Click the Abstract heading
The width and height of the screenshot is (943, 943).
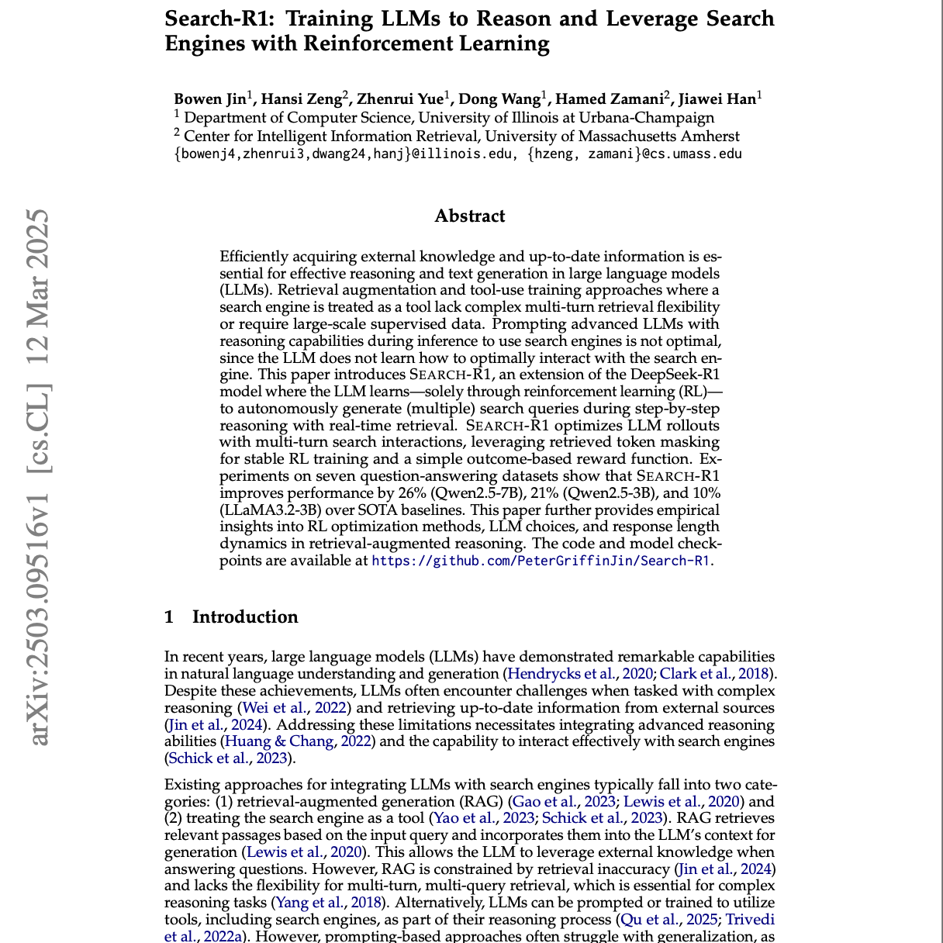click(x=470, y=216)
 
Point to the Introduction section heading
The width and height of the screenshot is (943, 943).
click(x=245, y=617)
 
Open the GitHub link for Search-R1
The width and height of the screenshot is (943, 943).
click(x=541, y=561)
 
